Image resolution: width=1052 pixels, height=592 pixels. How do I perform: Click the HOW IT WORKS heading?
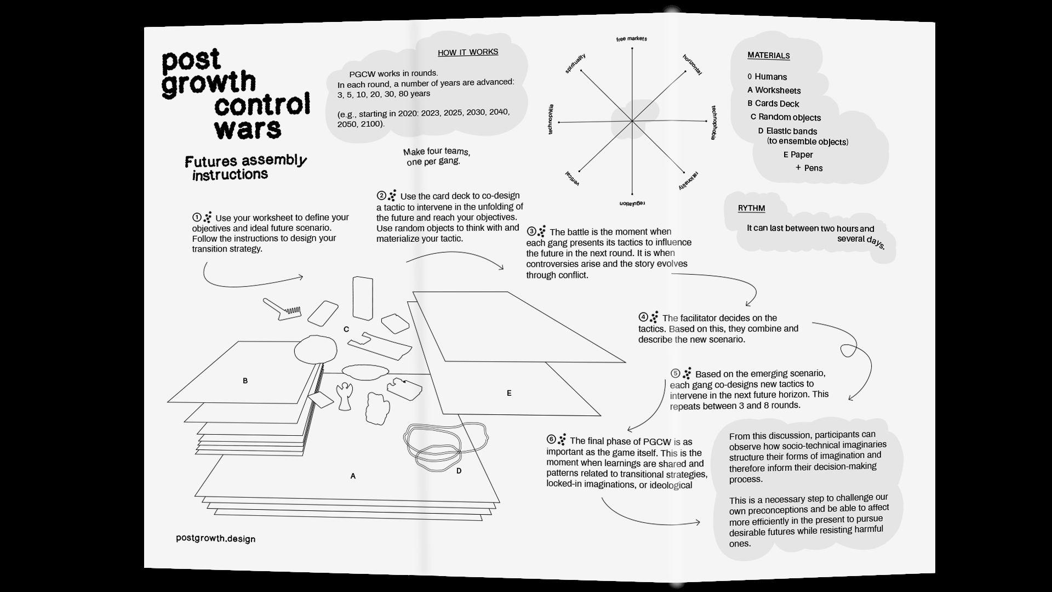(468, 52)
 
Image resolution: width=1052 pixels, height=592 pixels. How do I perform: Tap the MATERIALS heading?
(768, 55)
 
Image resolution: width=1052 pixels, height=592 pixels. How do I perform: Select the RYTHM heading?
(751, 208)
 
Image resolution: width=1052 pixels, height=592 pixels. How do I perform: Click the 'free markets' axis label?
(631, 39)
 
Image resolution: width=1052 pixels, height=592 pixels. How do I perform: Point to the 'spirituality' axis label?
(575, 63)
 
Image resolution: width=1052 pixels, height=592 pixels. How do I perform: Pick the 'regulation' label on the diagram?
(632, 203)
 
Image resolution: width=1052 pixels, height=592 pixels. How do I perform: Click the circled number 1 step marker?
(197, 217)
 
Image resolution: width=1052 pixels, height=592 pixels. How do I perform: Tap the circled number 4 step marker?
(643, 317)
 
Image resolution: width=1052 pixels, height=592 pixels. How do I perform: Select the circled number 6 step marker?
(551, 439)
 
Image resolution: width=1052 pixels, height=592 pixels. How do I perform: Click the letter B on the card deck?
(245, 380)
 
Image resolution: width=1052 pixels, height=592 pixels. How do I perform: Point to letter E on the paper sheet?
(509, 393)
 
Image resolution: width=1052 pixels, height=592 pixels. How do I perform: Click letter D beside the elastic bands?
(459, 470)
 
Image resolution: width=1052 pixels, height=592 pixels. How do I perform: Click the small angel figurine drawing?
(345, 395)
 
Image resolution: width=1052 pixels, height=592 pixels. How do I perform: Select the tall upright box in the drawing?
(363, 298)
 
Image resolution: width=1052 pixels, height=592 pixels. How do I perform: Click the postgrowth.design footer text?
(215, 538)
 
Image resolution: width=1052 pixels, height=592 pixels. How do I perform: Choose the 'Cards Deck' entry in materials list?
(776, 104)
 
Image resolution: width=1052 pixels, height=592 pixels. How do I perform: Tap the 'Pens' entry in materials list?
(813, 168)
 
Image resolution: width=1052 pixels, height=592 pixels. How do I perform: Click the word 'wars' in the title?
(248, 129)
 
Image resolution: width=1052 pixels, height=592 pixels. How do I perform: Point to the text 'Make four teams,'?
(436, 151)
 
